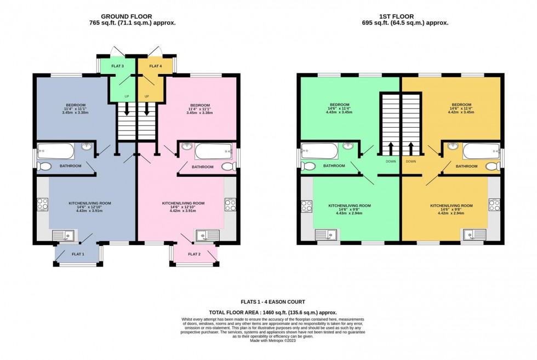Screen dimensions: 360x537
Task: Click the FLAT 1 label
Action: click(x=78, y=254)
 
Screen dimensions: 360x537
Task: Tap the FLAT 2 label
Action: click(x=194, y=254)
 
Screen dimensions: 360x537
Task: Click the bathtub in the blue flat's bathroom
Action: click(x=56, y=151)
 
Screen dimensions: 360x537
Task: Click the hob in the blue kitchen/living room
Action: click(x=42, y=204)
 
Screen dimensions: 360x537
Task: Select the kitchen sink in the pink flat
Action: click(x=208, y=235)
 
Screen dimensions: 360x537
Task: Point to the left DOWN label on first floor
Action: click(x=391, y=162)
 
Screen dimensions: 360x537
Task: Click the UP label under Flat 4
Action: click(x=147, y=96)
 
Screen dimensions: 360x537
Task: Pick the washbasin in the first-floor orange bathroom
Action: click(x=452, y=146)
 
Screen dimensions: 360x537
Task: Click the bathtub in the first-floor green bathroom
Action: click(x=320, y=151)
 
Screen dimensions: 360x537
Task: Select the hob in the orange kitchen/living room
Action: click(x=494, y=205)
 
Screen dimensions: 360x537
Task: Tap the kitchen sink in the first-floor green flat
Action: click(x=326, y=235)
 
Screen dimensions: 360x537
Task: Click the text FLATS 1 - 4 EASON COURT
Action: click(x=272, y=302)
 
